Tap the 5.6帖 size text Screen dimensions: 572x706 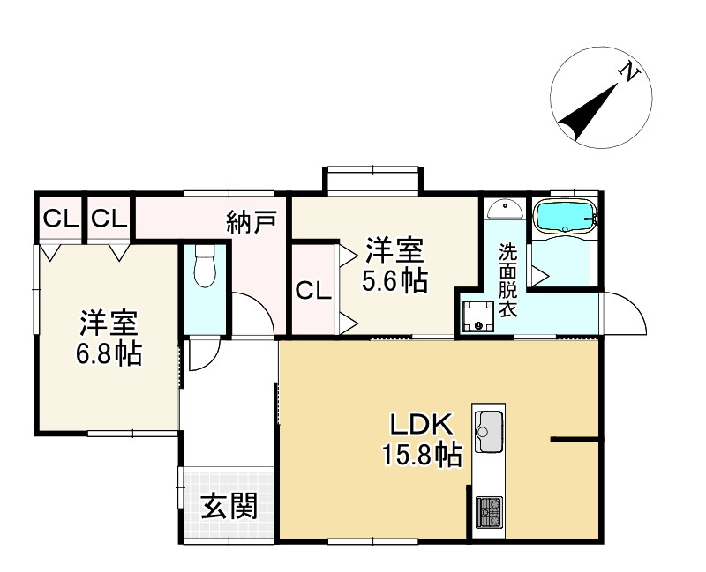(395, 281)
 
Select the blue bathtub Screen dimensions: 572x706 (566, 217)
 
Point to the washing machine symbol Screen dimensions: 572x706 (478, 316)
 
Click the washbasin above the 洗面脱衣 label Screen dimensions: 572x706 (504, 209)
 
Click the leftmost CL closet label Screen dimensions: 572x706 (58, 218)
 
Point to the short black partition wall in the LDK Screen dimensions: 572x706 (575, 438)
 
